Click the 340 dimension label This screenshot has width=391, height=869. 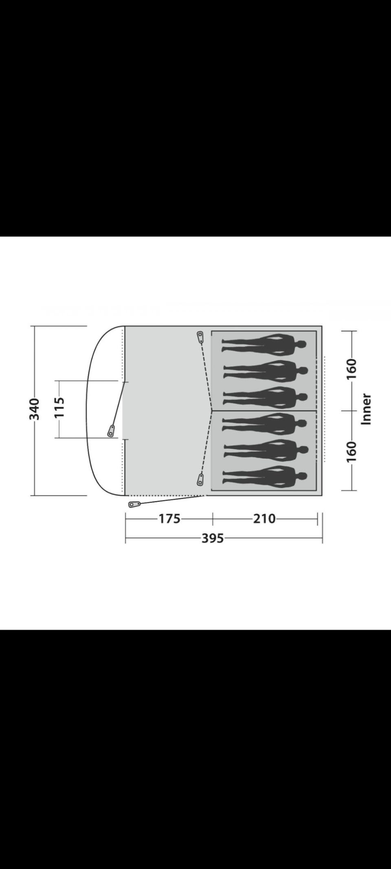click(34, 409)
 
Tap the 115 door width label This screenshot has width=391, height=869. click(59, 407)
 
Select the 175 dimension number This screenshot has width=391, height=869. click(169, 519)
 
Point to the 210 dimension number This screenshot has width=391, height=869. click(265, 519)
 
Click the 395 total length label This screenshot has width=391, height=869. click(213, 538)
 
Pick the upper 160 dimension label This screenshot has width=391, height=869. click(351, 369)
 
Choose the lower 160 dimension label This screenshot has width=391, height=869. click(351, 451)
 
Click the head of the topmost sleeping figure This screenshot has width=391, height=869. click(301, 345)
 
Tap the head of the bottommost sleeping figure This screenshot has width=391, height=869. click(301, 476)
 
